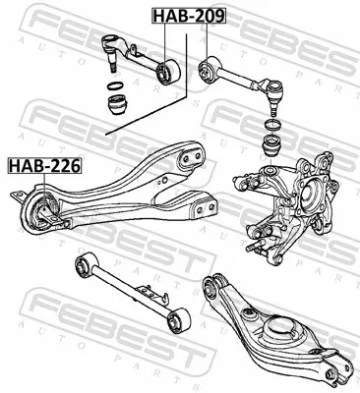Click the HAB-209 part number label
coord(189,16)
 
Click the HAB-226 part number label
coord(44,166)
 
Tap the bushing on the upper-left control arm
coord(168,72)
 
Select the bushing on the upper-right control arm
coord(209,71)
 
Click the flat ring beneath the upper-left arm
coord(115,86)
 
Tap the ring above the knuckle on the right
coord(272,124)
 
